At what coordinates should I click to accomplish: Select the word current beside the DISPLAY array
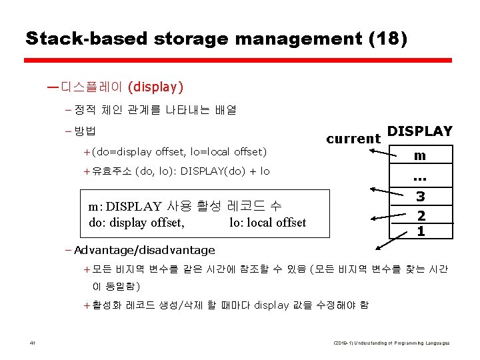(x=353, y=139)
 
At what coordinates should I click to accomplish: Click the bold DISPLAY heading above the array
(x=419, y=131)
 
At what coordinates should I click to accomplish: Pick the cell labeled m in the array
(x=419, y=155)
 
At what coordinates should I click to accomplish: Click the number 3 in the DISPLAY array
(x=420, y=197)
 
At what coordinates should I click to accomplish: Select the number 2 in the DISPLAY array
(x=421, y=215)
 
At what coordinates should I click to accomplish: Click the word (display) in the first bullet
(x=155, y=87)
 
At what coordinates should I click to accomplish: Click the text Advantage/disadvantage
(x=145, y=251)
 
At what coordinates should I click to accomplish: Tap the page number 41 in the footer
(x=32, y=343)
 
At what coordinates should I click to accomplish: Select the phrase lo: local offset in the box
(x=267, y=223)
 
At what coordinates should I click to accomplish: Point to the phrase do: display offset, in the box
(x=136, y=223)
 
